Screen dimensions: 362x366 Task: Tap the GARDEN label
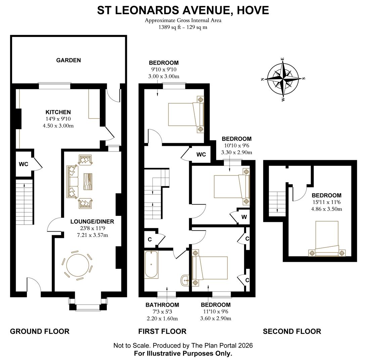point(68,60)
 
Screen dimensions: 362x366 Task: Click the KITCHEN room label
point(58,112)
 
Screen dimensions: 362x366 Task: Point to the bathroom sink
point(185,280)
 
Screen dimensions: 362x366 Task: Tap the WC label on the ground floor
point(24,164)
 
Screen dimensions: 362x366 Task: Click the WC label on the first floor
point(201,155)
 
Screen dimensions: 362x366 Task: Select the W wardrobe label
point(244,217)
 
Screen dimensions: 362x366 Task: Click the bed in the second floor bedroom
point(327,238)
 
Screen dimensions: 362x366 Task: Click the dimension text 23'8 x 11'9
point(92,228)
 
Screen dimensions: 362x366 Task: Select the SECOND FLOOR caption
point(291,331)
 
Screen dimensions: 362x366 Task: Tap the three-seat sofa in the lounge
point(72,181)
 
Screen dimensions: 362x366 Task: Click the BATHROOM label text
point(162,305)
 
